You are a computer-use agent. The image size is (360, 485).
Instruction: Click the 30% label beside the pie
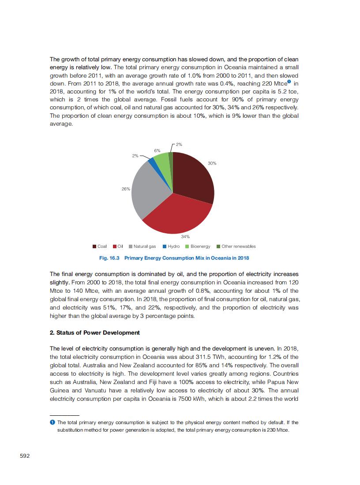coord(212,164)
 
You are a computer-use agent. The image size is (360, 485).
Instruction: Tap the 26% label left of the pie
coord(126,189)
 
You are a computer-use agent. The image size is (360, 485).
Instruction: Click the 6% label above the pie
coord(157,151)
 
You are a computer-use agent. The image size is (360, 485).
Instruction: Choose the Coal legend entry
coord(100,246)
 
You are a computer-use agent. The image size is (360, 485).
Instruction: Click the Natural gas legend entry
coord(142,246)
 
